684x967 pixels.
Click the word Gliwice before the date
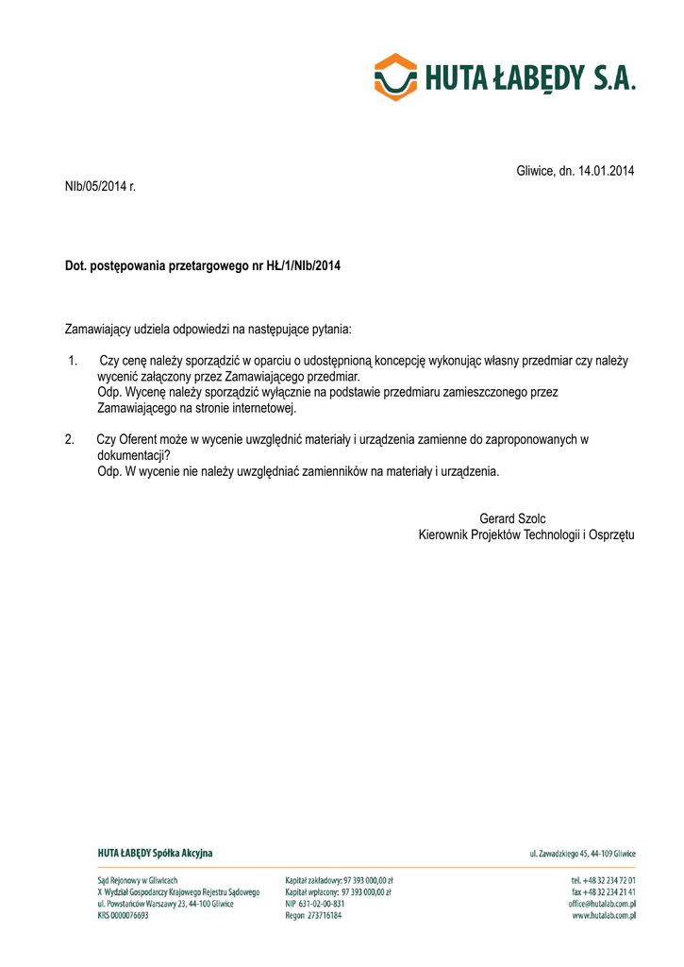537,171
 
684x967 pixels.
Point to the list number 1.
73,360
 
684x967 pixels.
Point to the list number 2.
69,439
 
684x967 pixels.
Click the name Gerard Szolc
512,518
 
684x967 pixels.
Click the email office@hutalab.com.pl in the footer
602,904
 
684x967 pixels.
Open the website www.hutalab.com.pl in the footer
604,915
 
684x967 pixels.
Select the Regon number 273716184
326,915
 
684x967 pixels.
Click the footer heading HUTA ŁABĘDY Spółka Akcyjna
155,853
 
